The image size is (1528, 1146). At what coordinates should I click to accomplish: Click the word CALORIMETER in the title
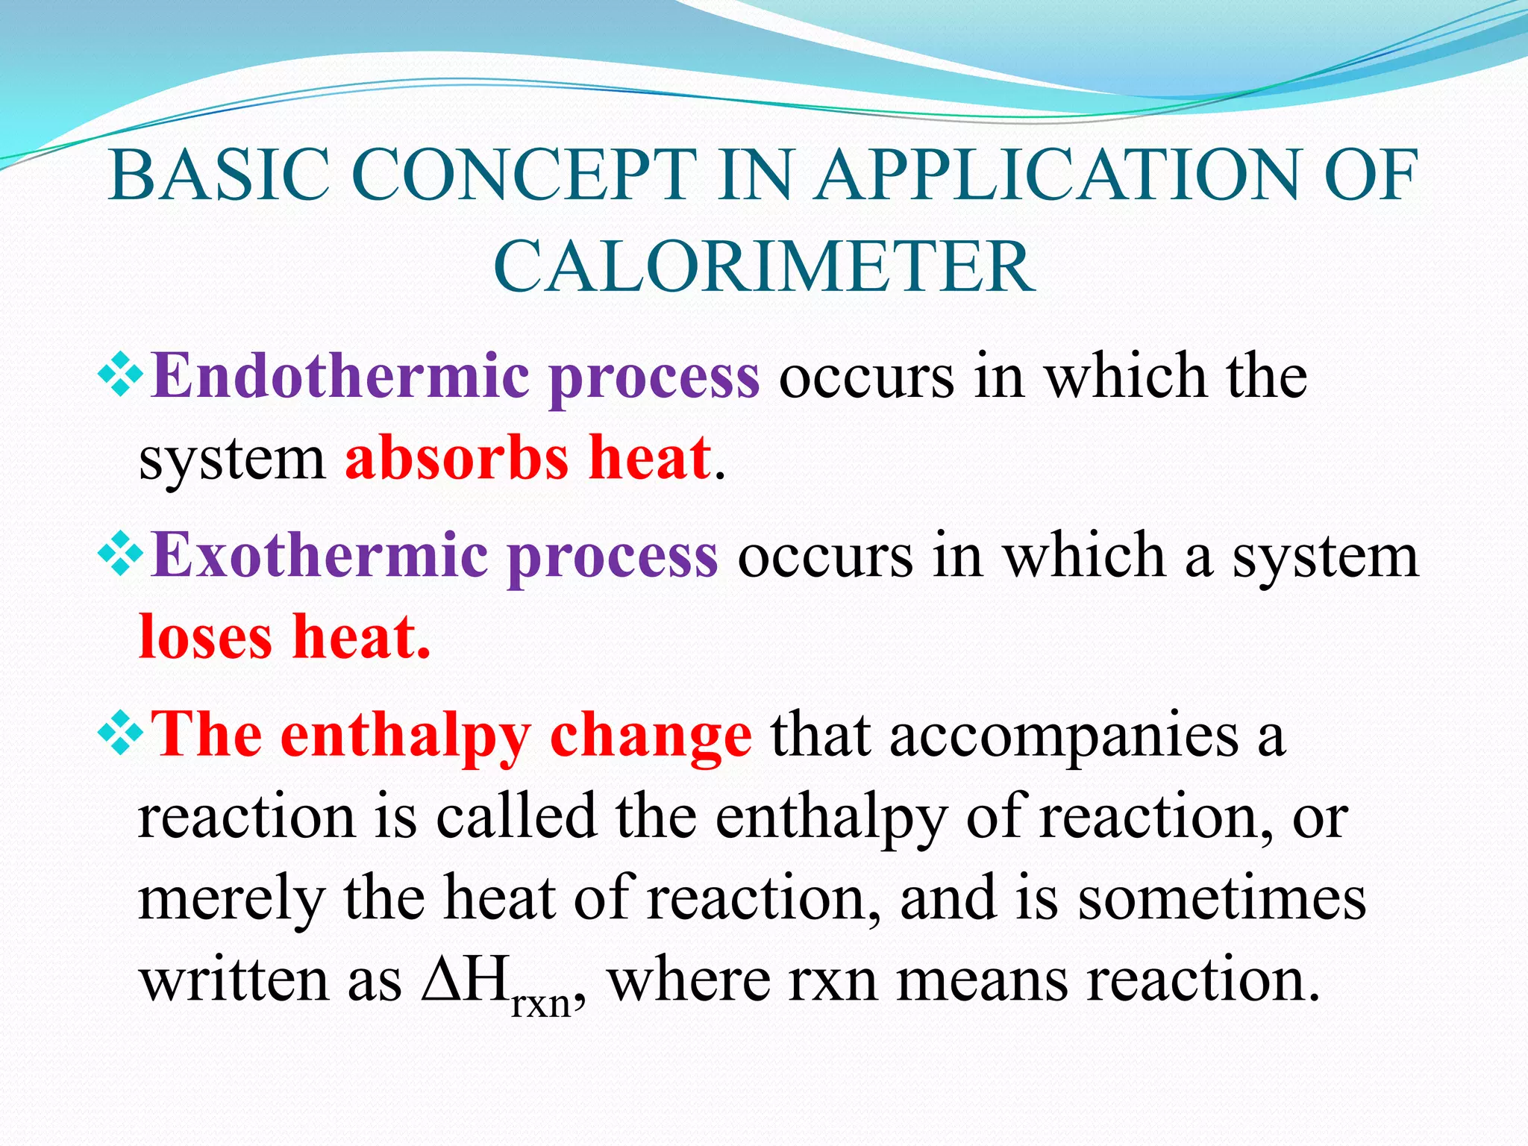point(764,267)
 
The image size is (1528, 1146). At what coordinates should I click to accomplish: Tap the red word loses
point(206,638)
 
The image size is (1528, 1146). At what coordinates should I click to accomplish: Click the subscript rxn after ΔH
point(541,1003)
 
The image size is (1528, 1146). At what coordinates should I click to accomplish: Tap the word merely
point(231,900)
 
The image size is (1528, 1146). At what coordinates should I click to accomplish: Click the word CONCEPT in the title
point(523,175)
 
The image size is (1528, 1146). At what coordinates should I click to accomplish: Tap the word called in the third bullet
point(516,817)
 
